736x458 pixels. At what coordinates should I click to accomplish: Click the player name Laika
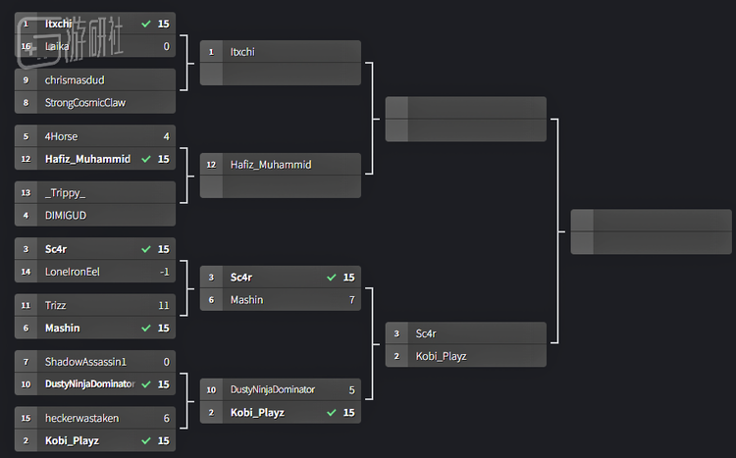click(57, 45)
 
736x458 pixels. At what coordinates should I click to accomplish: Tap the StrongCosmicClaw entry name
click(85, 102)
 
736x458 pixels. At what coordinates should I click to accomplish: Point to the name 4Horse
click(61, 136)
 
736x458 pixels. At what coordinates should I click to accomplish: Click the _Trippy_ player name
click(65, 192)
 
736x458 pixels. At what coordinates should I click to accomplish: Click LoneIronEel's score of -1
click(164, 272)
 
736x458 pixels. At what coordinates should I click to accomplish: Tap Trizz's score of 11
click(164, 305)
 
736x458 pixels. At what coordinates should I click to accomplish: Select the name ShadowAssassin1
click(85, 362)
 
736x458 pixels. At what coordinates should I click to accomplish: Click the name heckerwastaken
click(81, 418)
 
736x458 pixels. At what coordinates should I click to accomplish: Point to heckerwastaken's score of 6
click(167, 418)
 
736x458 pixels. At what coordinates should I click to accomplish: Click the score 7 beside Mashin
click(351, 299)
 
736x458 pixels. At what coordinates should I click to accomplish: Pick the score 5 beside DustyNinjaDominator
click(351, 389)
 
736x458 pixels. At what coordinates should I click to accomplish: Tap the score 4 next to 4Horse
click(167, 136)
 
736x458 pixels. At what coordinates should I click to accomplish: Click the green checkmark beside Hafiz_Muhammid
click(146, 159)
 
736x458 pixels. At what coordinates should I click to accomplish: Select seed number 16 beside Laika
click(26, 45)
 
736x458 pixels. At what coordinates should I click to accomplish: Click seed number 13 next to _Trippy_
click(26, 192)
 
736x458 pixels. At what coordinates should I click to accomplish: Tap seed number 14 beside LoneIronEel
click(26, 272)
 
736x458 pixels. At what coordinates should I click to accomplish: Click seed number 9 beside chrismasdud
click(26, 79)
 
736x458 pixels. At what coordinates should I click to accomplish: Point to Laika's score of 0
click(167, 45)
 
